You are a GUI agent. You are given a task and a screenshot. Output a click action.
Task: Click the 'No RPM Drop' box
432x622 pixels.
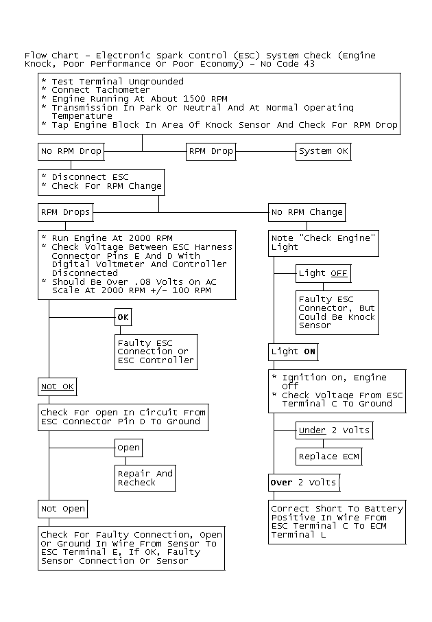click(71, 151)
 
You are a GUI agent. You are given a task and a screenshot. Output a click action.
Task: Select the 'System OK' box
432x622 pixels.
click(324, 151)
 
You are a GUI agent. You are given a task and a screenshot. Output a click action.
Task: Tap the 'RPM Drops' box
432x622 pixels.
click(66, 212)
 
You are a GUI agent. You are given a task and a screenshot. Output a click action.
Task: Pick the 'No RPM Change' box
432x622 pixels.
click(307, 212)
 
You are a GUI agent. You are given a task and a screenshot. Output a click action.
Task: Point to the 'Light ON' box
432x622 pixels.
click(293, 352)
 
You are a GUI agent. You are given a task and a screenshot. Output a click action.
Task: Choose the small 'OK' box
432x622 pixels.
click(123, 317)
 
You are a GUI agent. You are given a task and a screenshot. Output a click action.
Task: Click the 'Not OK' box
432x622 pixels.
click(58, 387)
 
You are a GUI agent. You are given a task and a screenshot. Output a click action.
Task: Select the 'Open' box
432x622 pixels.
click(128, 448)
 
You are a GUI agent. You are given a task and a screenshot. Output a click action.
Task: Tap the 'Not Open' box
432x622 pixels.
click(63, 509)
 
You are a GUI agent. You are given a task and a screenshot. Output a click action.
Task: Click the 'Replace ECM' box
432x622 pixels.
click(328, 457)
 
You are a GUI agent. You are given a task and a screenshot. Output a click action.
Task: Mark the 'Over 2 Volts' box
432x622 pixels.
click(304, 483)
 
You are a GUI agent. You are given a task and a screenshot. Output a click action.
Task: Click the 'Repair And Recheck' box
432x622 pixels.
click(145, 478)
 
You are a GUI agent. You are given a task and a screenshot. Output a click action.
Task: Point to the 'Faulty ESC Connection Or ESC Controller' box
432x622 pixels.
click(156, 352)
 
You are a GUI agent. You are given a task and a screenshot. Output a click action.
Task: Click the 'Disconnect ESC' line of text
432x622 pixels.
click(89, 177)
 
